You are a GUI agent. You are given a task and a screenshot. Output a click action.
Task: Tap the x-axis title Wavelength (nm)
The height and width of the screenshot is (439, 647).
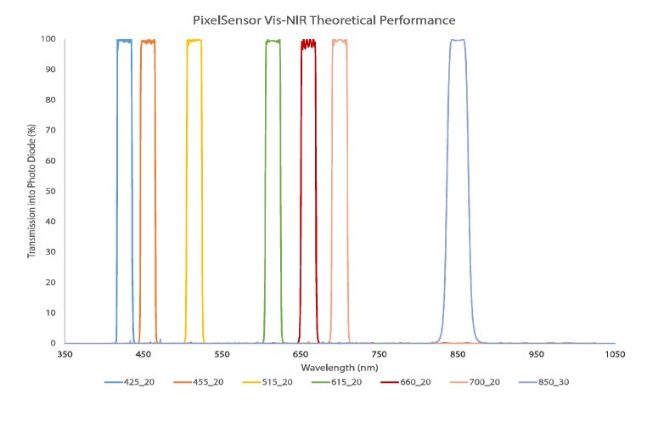click(x=339, y=367)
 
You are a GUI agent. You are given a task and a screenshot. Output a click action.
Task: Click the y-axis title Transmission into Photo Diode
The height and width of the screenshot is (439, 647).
click(x=32, y=190)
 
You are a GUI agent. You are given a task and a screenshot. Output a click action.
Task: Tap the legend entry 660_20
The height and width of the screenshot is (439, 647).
click(x=415, y=382)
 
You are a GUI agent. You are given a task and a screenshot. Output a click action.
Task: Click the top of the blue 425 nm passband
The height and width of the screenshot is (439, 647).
click(x=124, y=41)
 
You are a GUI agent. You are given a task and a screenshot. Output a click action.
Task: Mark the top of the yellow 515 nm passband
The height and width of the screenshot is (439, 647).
click(x=194, y=41)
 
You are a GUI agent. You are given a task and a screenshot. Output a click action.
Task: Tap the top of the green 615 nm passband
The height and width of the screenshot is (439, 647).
click(x=273, y=41)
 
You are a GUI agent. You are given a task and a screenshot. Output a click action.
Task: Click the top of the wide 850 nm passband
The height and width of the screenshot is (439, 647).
click(x=458, y=40)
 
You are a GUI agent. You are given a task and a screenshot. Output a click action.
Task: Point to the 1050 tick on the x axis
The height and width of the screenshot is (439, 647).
click(x=616, y=353)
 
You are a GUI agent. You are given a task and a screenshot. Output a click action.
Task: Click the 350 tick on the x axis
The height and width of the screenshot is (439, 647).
click(x=65, y=353)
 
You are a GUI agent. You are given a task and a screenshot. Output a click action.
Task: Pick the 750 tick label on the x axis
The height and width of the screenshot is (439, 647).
click(x=380, y=353)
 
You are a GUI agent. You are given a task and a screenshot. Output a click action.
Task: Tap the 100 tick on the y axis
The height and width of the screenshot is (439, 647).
click(x=49, y=39)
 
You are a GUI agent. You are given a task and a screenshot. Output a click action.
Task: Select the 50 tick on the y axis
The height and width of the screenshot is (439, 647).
click(x=52, y=191)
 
